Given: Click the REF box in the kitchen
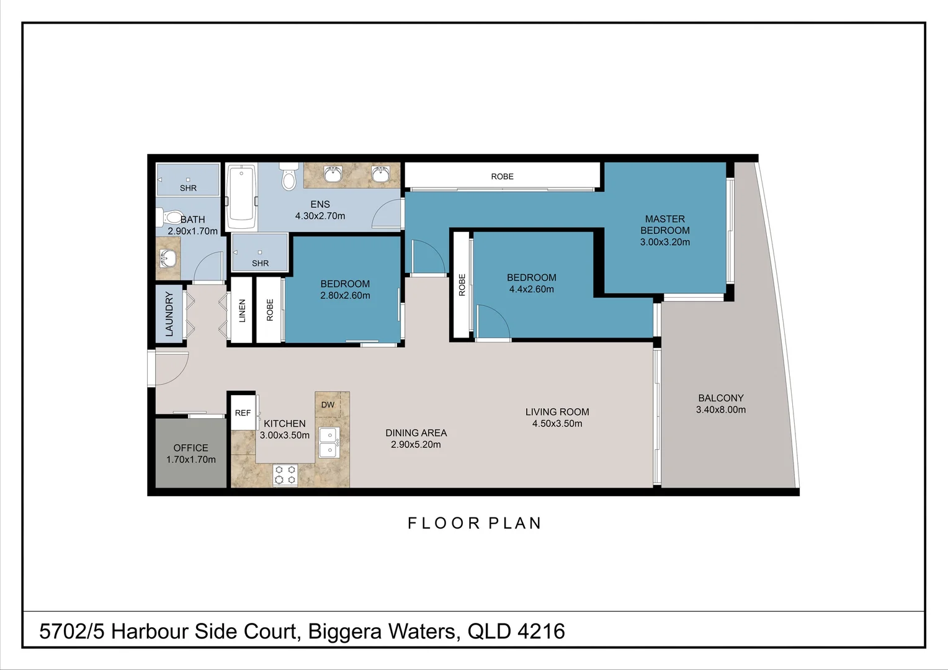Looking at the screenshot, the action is pos(243,413).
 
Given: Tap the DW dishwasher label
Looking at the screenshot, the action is pos(328,404).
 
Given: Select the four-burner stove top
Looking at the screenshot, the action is pos(285,475).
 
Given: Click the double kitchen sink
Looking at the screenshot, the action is pos(328,443).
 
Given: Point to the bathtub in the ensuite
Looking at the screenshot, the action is pos(241,197).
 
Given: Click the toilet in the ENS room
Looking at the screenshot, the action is pos(289,176).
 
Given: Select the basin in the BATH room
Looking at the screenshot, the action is pos(168,258).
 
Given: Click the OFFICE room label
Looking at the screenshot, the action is pos(191,448).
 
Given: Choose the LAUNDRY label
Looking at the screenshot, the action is pos(169,314).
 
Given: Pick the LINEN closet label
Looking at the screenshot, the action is pos(242,311).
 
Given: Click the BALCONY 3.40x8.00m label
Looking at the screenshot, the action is pos(721,404).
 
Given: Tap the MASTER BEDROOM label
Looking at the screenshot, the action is pos(665,225).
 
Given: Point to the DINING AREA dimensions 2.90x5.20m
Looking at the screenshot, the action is pos(416,444).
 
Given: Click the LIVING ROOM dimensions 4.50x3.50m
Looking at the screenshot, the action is pos(557,423).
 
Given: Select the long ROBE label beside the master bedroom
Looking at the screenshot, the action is pos(503,176).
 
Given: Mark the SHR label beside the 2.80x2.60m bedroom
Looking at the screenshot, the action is pos(261,263).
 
